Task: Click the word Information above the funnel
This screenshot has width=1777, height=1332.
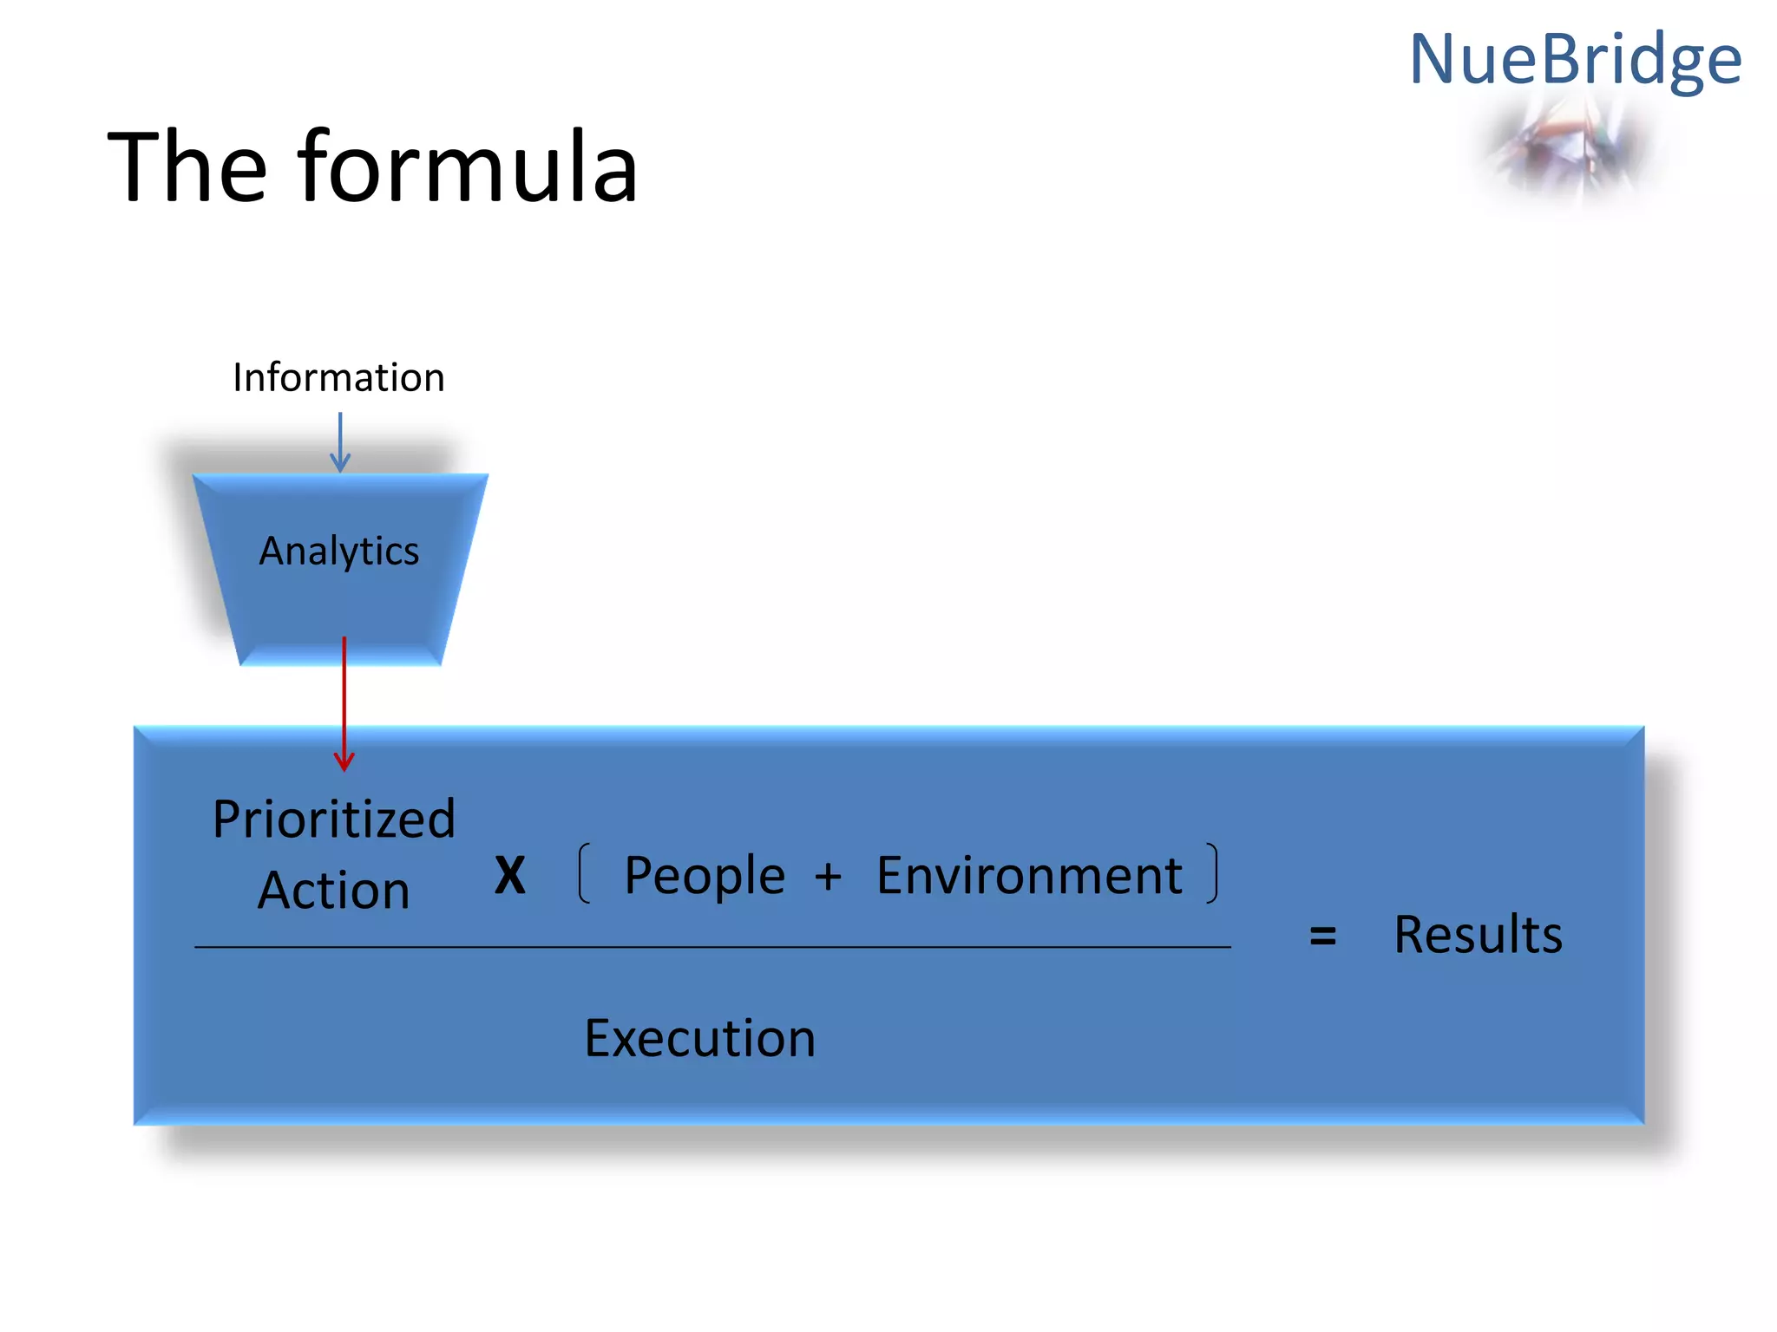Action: click(338, 377)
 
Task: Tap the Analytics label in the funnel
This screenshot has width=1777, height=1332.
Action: click(339, 551)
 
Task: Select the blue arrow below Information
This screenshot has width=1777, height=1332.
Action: click(340, 442)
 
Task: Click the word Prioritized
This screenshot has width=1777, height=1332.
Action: click(334, 819)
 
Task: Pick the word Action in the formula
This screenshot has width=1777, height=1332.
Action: click(334, 891)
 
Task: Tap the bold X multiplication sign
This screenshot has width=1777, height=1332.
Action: click(510, 875)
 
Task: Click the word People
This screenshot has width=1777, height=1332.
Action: click(705, 875)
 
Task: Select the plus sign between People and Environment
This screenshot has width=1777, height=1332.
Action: click(828, 876)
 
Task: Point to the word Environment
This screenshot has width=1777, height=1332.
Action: click(1029, 875)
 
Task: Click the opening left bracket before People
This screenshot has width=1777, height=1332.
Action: click(585, 873)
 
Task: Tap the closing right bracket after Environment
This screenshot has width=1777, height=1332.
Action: click(1212, 873)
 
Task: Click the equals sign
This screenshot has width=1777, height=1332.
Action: click(1322, 936)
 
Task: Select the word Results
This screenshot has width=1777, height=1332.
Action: click(1478, 935)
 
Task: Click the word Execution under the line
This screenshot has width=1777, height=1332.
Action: click(699, 1038)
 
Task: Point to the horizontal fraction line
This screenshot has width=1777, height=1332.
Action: click(711, 947)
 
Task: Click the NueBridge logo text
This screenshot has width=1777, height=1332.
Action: click(1575, 59)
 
